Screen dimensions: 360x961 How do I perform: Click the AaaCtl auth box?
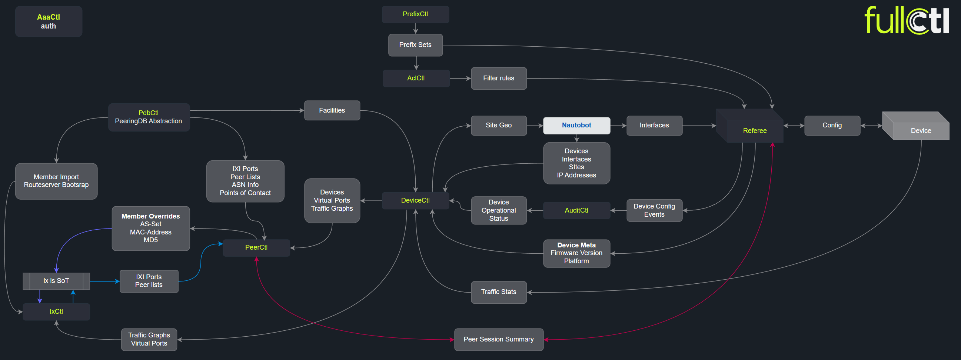click(49, 21)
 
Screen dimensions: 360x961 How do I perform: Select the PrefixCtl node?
click(415, 14)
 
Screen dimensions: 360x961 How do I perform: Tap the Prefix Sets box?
click(415, 45)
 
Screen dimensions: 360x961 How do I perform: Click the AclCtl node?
click(416, 78)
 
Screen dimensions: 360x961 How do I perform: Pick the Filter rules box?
click(498, 78)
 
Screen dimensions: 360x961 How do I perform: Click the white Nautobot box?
click(576, 125)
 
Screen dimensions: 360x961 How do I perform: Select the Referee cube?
click(754, 130)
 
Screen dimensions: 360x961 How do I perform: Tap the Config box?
click(832, 125)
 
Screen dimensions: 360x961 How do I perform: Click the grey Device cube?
click(920, 130)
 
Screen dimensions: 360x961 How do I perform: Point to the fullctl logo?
click(907, 20)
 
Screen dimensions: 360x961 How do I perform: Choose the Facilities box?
click(332, 110)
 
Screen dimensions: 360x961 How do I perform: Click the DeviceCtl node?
click(415, 200)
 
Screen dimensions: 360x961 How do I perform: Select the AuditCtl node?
click(576, 210)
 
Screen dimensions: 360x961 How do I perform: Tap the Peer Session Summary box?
click(498, 339)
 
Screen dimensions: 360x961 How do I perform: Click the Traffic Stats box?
click(498, 292)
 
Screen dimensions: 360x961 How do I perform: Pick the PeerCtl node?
click(256, 247)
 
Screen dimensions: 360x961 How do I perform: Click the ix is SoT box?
click(56, 281)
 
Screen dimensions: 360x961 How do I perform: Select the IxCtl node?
click(56, 311)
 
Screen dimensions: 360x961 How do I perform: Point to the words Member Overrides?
click(150, 216)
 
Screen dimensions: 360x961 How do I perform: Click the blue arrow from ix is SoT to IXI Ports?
click(104, 281)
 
